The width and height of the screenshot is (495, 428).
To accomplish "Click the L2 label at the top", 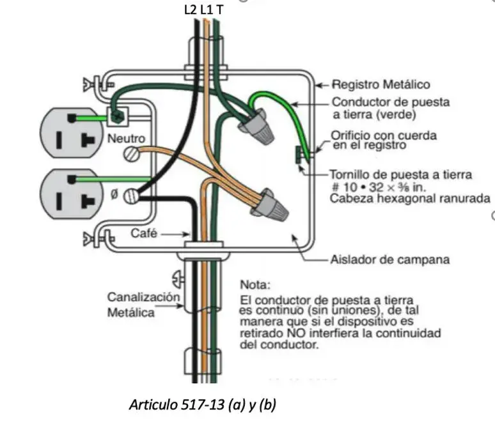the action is [191, 10].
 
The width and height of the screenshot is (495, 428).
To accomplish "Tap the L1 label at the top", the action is [206, 10].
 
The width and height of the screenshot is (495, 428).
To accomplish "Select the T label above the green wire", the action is [220, 10].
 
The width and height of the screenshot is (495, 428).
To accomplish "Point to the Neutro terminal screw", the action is [131, 154].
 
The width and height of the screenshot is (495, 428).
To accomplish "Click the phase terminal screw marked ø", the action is [131, 196].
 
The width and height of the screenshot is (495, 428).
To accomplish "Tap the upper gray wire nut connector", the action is [256, 126].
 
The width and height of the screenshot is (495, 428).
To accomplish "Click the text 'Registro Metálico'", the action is [381, 84].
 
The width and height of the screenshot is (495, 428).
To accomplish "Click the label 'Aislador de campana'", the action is [390, 259].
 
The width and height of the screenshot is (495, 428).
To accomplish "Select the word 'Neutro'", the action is [126, 138].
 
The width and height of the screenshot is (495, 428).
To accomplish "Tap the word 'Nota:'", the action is [255, 284].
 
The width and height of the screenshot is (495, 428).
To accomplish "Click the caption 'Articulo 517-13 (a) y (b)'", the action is [203, 404].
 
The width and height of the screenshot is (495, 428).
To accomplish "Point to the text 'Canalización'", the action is [144, 297].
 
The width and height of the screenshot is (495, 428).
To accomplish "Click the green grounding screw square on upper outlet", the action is [118, 117].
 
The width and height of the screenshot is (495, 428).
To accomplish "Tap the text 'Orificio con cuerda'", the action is [384, 135].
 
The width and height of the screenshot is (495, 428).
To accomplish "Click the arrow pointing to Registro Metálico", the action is [322, 85].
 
